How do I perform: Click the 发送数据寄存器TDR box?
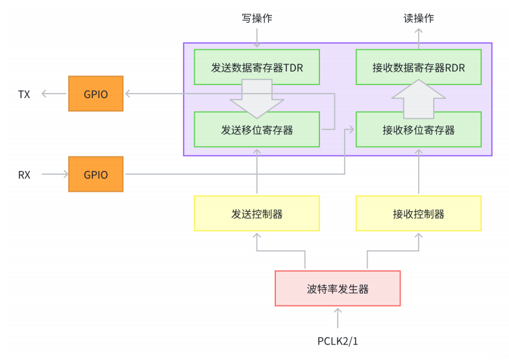coord(256,67)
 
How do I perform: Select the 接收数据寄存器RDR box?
coord(418,67)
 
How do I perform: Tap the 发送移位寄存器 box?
coord(256,129)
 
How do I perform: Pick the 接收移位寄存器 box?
coord(418,129)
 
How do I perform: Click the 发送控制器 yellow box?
coord(256,213)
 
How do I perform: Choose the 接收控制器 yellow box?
coord(418,213)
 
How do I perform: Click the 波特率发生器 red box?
coord(338,288)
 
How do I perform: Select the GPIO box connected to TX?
coord(95,94)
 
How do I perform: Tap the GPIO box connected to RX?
coord(95,174)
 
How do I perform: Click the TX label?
coord(24,94)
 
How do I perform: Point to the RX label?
coord(24,175)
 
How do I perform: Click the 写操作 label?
coord(256,18)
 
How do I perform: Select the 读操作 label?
coord(418,18)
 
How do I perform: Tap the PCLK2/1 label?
coord(338,341)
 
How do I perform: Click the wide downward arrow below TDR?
coord(257,97)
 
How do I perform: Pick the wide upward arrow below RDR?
coord(419,97)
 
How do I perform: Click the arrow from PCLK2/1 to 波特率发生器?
coord(338,318)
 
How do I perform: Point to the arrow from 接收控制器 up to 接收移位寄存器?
coord(419,172)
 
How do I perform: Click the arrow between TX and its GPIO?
coord(55,94)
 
